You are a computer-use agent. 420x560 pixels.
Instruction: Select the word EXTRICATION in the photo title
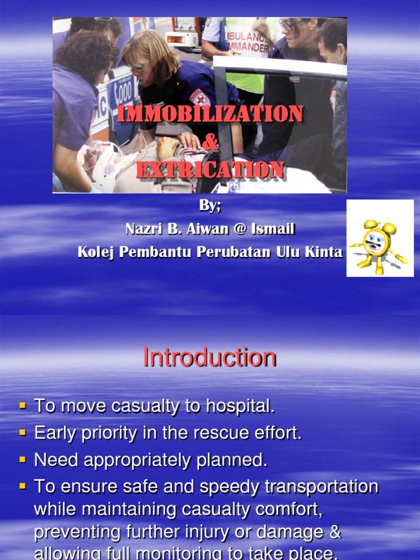[210, 170]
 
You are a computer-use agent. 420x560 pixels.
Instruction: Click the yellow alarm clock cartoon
[379, 246]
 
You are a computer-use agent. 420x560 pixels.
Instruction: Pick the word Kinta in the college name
[327, 252]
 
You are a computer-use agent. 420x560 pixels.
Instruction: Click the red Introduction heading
[209, 358]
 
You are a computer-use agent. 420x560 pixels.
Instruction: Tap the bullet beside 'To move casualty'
[23, 406]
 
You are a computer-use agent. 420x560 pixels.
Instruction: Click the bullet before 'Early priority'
[23, 433]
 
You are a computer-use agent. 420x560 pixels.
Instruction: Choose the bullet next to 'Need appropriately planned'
[23, 459]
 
